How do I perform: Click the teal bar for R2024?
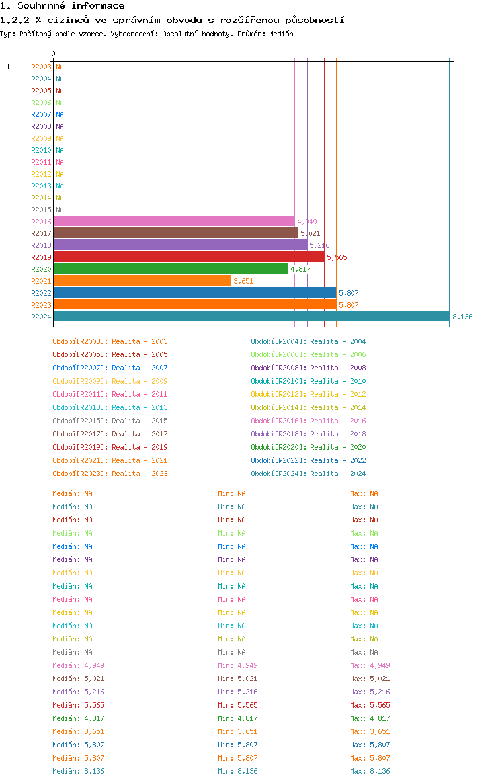point(251,317)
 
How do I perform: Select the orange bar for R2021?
point(142,281)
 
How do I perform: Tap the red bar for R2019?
point(188,257)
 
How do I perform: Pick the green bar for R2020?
point(171,269)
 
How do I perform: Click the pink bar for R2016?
point(174,222)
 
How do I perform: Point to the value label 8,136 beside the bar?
point(462,317)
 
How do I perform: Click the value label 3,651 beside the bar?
point(243,281)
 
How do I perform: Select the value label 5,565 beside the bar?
point(337,257)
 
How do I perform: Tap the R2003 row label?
point(41,67)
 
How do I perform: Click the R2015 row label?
point(41,210)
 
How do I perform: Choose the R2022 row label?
point(41,293)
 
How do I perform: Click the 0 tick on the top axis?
point(54,54)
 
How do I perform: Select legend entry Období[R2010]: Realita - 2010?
point(308,381)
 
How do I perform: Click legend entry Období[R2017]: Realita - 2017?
point(110,434)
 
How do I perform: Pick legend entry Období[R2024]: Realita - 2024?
point(308,474)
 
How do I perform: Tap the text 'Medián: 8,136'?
point(78,771)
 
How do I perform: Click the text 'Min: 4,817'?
point(237,718)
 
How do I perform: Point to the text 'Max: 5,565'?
point(370,705)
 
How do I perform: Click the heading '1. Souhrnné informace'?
point(62,6)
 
